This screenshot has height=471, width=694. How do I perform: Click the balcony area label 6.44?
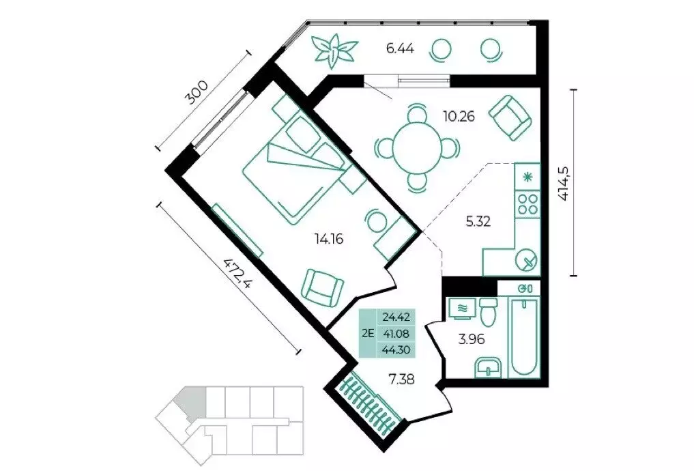(400, 48)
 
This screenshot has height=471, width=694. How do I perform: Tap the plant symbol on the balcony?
(334, 51)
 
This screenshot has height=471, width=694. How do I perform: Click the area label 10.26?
(459, 117)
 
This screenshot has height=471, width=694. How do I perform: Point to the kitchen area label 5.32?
(478, 221)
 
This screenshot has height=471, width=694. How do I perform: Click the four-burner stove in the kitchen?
(527, 204)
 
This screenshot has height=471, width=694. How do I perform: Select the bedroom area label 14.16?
(329, 240)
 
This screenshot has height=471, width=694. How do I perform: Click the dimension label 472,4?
(237, 272)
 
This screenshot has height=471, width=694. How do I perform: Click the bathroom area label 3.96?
(472, 340)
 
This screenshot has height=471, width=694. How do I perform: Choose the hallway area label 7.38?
(402, 380)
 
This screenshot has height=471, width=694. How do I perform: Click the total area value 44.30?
(396, 349)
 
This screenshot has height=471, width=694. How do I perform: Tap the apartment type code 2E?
(368, 333)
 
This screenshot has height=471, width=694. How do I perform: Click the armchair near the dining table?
(510, 118)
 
